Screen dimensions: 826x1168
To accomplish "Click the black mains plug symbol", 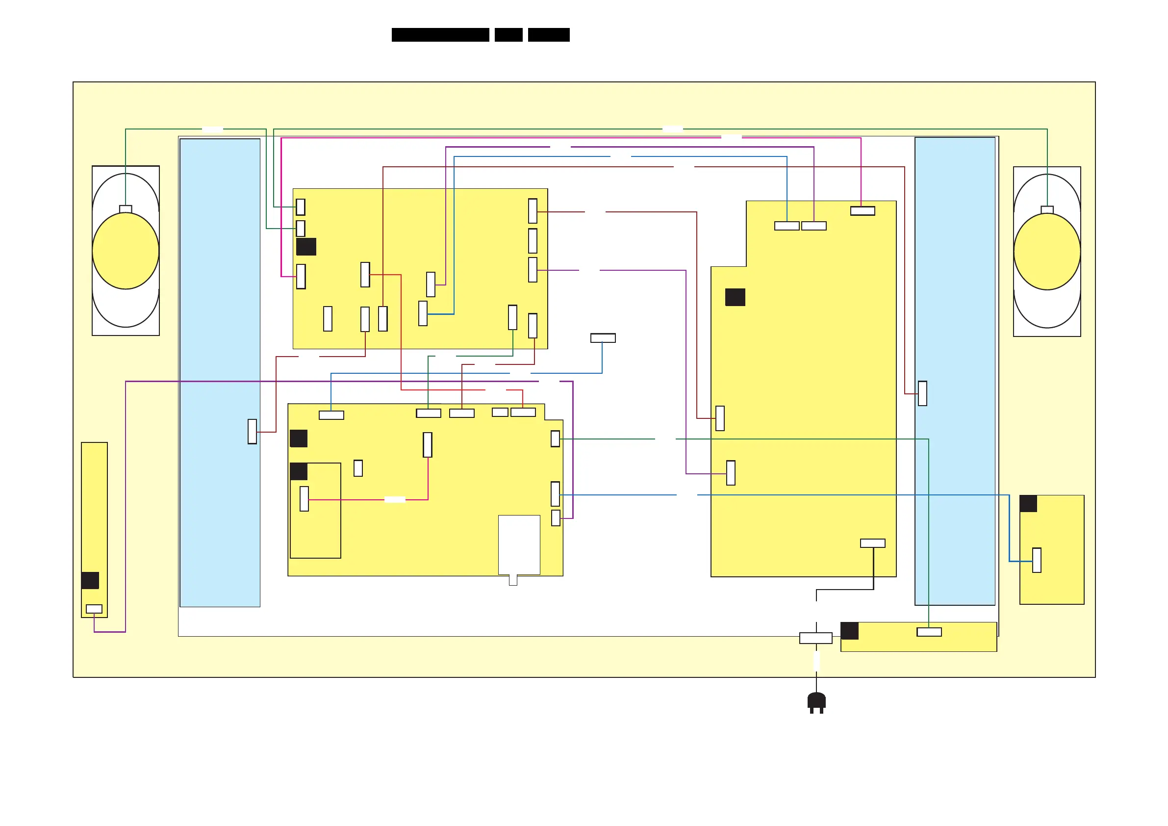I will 816,703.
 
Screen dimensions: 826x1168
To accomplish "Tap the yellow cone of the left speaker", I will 126,250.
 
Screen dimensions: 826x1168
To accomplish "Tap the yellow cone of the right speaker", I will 1047,252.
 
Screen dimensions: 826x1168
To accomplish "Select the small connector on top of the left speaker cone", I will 126,208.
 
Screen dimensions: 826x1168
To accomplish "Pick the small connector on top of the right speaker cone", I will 1047,209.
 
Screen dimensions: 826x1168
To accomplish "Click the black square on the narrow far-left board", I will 90,580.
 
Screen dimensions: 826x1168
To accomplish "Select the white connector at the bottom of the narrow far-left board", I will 94,609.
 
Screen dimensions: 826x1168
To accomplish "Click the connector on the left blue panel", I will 253,432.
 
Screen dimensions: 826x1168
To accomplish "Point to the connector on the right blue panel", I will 922,393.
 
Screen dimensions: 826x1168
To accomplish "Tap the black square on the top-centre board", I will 306,247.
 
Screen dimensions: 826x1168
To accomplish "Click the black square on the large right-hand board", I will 735,297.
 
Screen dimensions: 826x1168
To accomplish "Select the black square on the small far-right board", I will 1028,504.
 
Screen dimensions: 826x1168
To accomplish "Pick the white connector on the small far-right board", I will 1037,560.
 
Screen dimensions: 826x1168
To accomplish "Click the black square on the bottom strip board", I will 850,631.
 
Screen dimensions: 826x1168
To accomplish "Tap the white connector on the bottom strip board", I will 929,632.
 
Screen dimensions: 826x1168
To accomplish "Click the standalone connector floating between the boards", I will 603,338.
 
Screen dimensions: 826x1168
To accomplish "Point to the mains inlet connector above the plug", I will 816,638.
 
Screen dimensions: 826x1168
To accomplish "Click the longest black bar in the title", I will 440,35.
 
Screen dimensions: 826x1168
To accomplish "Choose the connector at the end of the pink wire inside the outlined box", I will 304,499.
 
